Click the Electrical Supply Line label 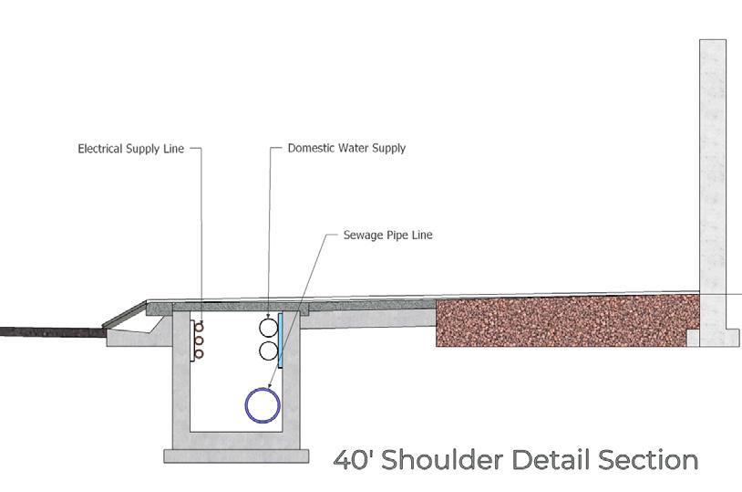tap(130, 147)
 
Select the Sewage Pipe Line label tap(387, 235)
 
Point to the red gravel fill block tap(565, 320)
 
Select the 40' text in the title tap(352, 459)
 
